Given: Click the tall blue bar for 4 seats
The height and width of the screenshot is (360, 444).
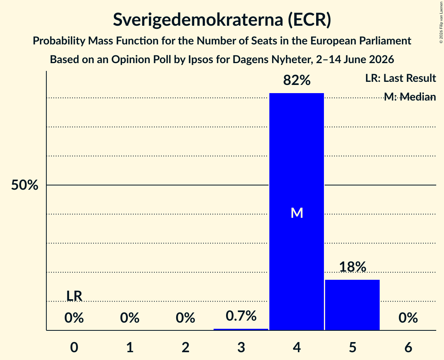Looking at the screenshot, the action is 297,212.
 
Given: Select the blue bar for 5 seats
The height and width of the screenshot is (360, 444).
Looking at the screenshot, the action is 352,305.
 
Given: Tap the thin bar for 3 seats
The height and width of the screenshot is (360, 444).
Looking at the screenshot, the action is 241,330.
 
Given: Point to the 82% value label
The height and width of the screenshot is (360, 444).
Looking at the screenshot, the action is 297,80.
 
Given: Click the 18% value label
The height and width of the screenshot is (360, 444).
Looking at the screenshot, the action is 352,266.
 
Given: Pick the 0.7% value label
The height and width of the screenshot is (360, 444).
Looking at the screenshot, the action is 241,316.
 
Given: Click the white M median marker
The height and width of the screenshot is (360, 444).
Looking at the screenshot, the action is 297,213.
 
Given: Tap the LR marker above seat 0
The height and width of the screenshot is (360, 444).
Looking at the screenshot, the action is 74,296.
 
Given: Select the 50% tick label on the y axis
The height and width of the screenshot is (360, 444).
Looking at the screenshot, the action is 25,185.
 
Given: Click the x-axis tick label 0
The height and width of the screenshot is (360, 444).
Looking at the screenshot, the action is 74,347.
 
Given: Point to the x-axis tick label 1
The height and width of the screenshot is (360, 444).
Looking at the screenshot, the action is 130,347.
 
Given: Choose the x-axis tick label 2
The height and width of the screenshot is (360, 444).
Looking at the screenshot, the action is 186,347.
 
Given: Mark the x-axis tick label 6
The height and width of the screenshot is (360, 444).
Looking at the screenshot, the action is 408,347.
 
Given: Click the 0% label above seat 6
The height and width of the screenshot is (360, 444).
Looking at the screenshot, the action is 408,318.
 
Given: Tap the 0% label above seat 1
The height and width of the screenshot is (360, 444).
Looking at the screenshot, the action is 130,318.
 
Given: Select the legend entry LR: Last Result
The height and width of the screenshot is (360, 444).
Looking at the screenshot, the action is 400,78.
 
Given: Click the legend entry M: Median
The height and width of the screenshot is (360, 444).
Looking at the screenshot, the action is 410,97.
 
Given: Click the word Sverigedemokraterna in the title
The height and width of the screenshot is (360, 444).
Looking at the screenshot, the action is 198,19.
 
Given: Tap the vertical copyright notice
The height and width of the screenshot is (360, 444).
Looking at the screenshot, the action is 441,22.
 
